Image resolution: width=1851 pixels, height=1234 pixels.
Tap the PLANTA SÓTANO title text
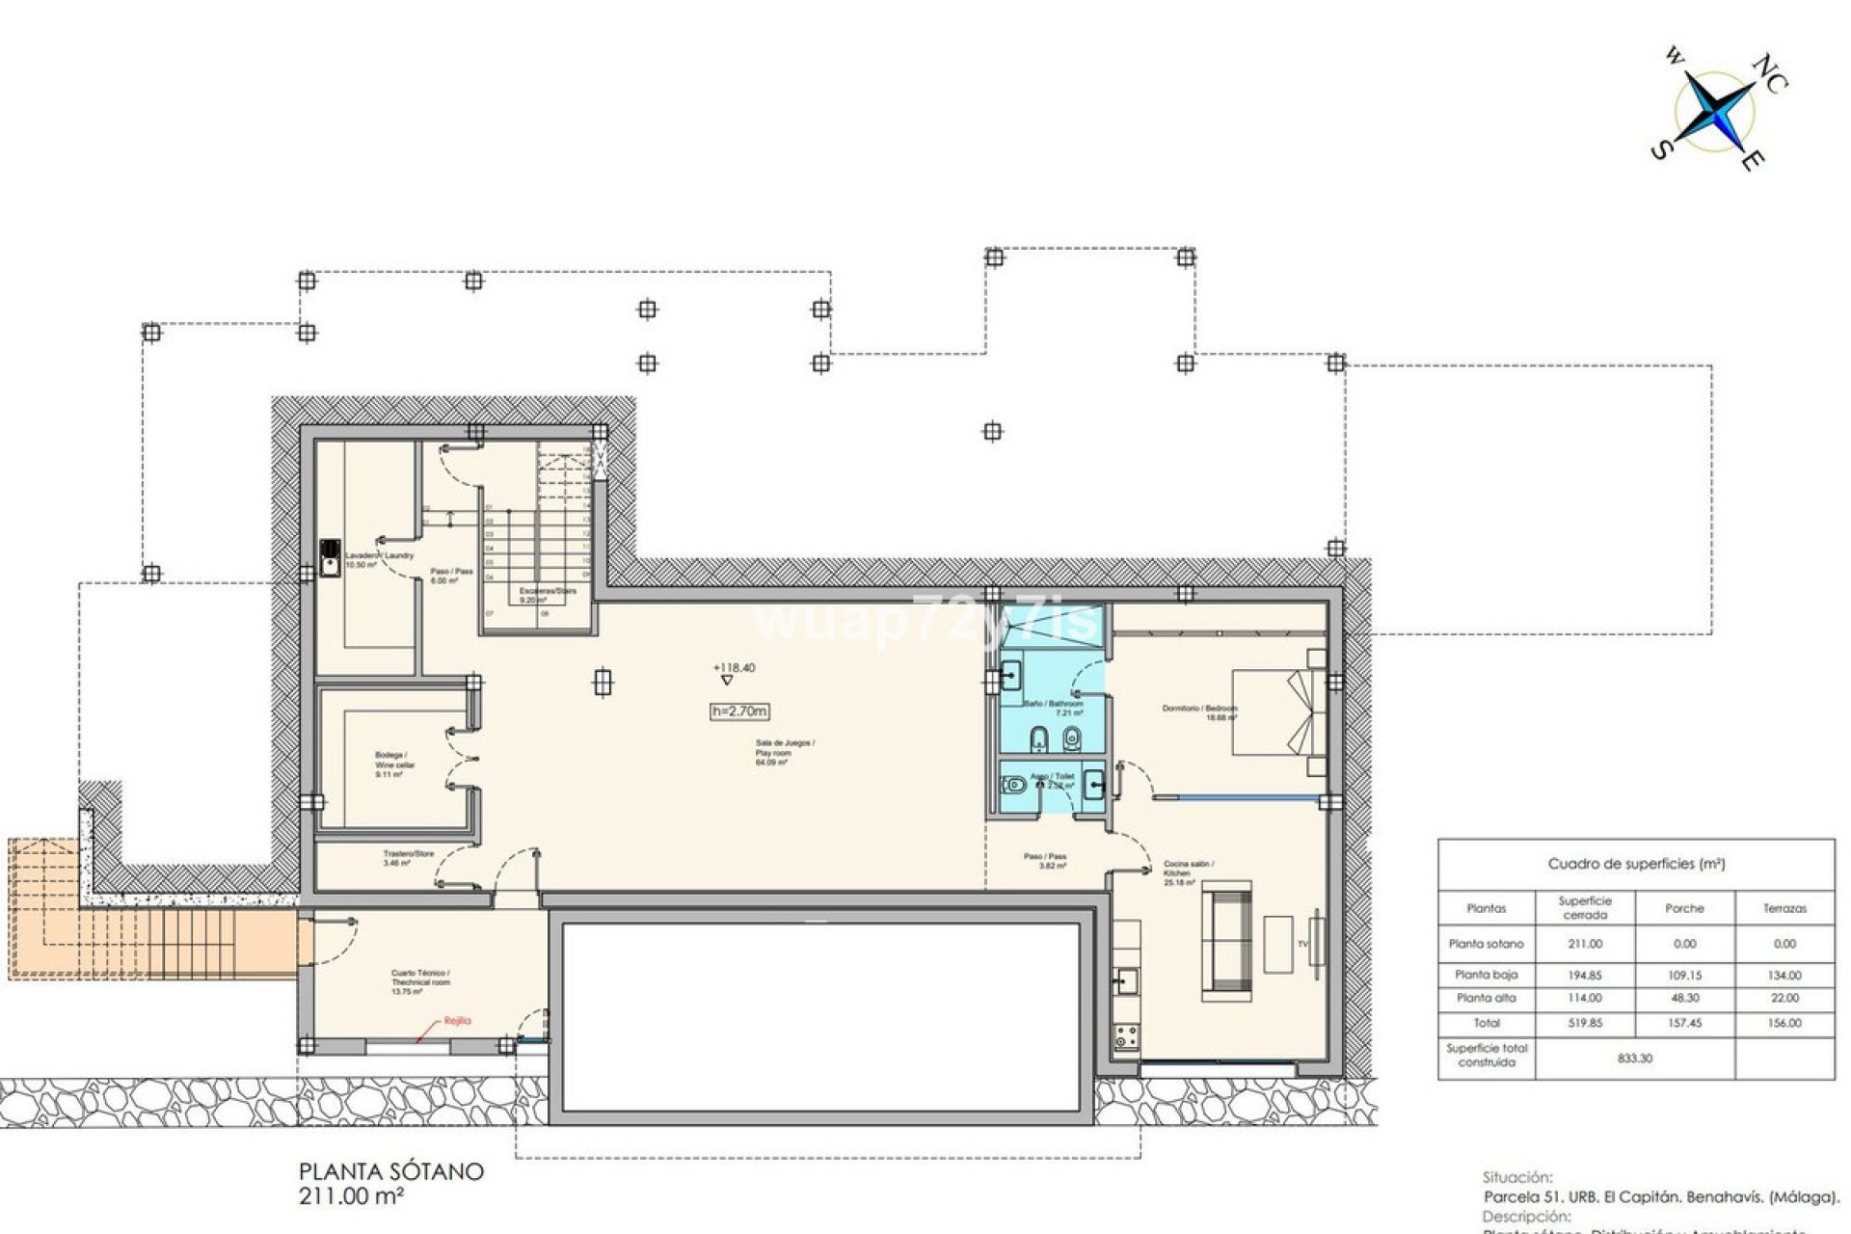pyautogui.click(x=390, y=1172)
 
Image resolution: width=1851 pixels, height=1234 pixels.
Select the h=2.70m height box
pyautogui.click(x=739, y=711)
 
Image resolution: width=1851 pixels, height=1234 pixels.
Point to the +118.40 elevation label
pyautogui.click(x=734, y=667)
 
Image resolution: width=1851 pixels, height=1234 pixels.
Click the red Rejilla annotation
pyautogui.click(x=457, y=1020)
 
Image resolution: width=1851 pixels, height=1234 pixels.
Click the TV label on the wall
pyautogui.click(x=1302, y=944)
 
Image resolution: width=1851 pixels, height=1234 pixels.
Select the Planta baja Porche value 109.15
pyautogui.click(x=1684, y=975)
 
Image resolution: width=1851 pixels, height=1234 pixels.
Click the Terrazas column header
pyautogui.click(x=1784, y=908)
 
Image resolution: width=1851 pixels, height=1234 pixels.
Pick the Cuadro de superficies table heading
pyautogui.click(x=1636, y=864)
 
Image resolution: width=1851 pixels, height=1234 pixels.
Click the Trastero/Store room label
pyautogui.click(x=408, y=858)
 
